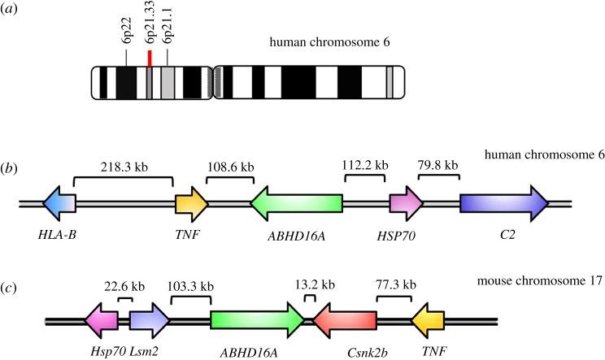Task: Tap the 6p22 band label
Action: (x=126, y=32)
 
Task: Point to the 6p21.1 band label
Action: (x=168, y=32)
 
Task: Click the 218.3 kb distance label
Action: (x=122, y=163)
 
